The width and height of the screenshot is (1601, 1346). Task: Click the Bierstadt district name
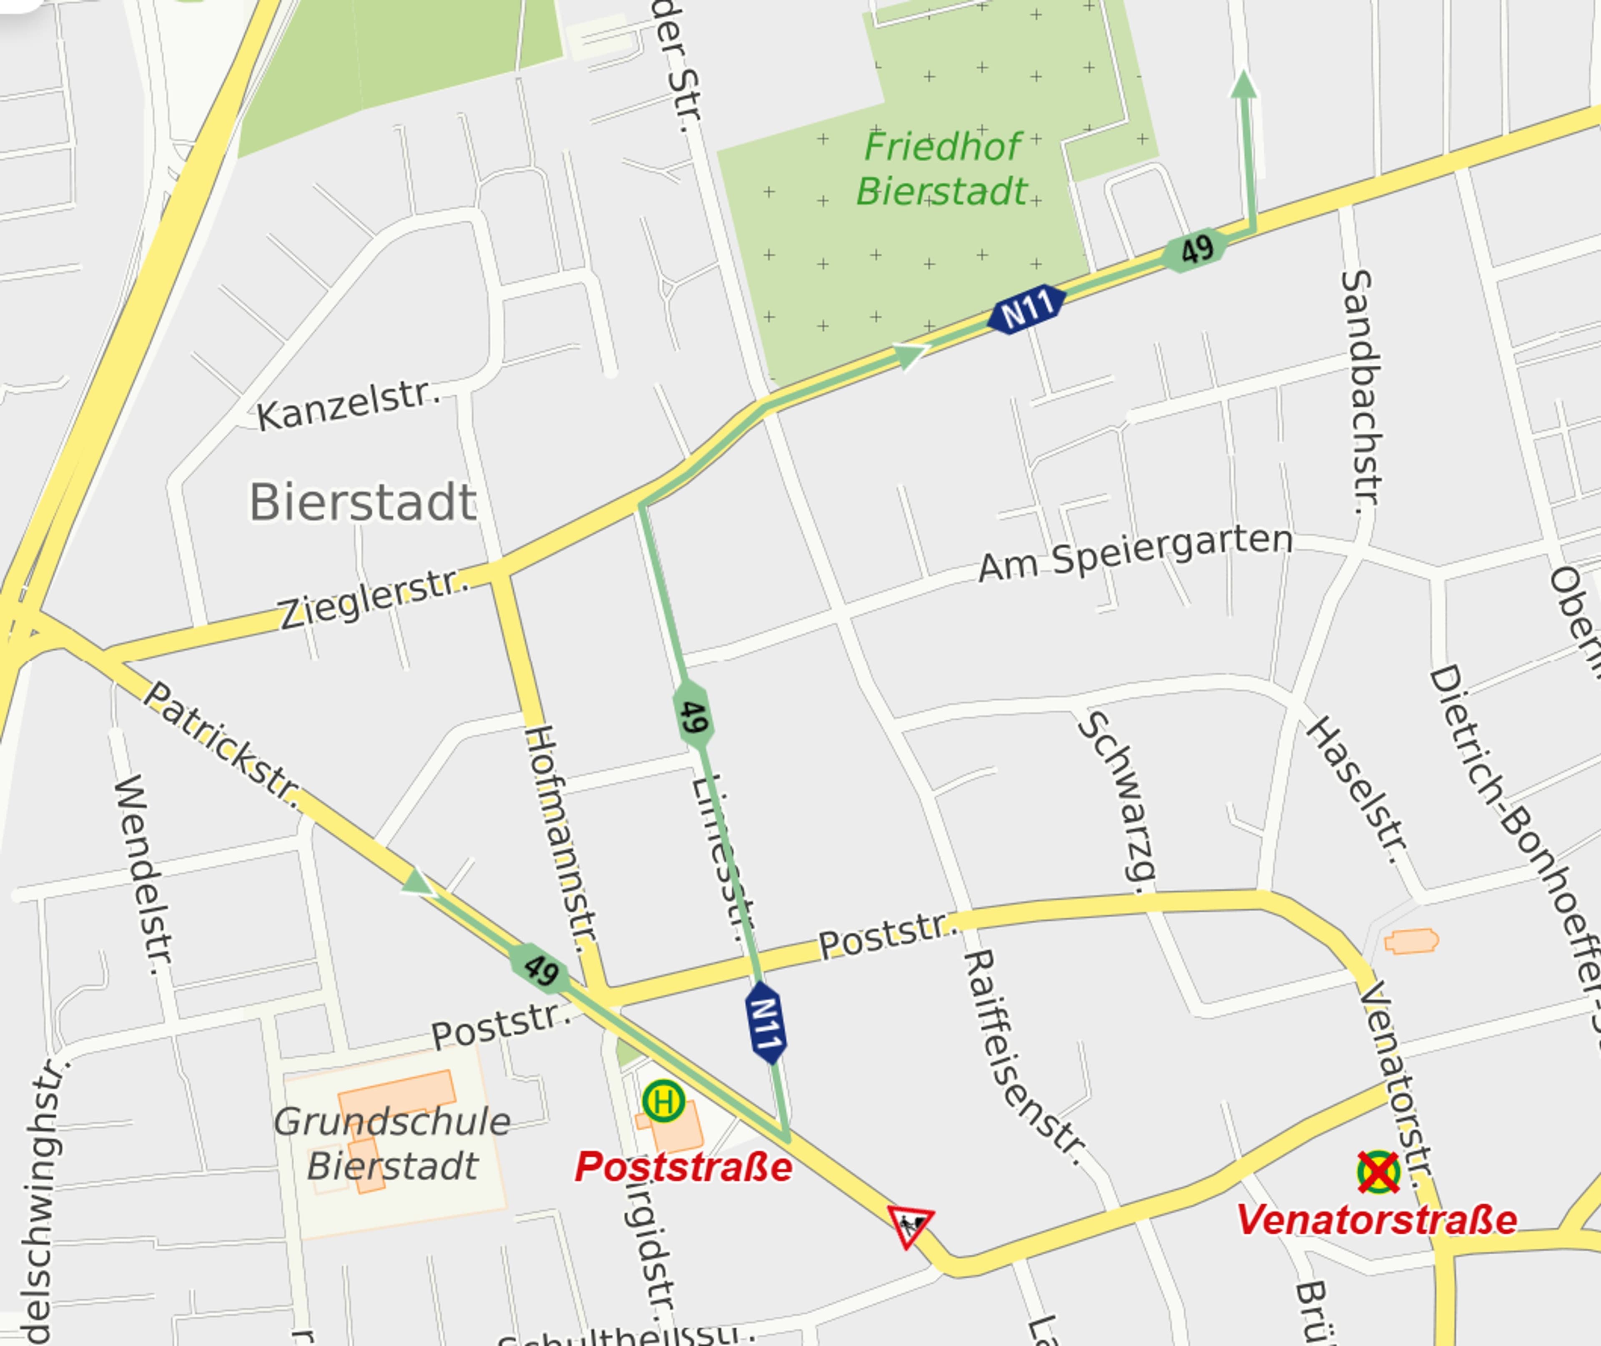(x=363, y=502)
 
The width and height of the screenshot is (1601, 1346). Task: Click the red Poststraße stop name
(x=683, y=1167)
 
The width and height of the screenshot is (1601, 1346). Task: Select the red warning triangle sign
(x=909, y=1225)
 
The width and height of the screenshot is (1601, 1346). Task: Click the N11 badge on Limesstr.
(x=766, y=1022)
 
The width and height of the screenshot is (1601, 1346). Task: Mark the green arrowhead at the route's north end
(x=1243, y=84)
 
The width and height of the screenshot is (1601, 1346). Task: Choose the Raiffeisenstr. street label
(x=1022, y=1057)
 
